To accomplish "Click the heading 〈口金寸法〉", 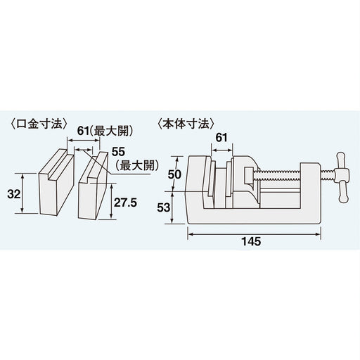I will (x=41, y=123).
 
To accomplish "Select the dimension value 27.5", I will (x=125, y=200).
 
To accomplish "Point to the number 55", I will (x=118, y=151).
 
